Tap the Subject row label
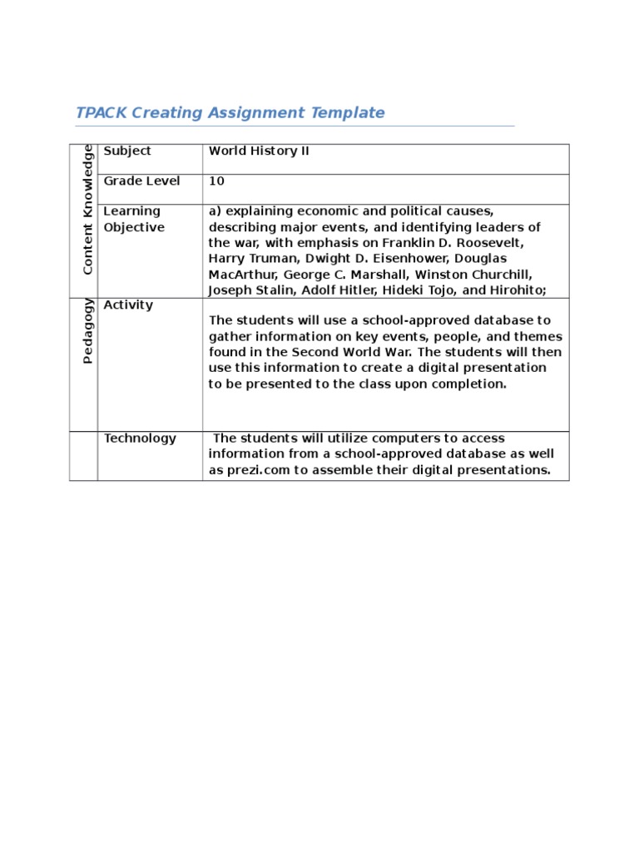coord(127,151)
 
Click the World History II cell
coord(259,151)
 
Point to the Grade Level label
coord(141,181)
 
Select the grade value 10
coord(216,181)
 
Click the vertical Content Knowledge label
coord(87,208)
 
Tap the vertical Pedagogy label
coord(87,330)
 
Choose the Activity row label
coord(128,305)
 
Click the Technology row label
coord(140,438)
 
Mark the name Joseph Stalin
coord(248,290)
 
